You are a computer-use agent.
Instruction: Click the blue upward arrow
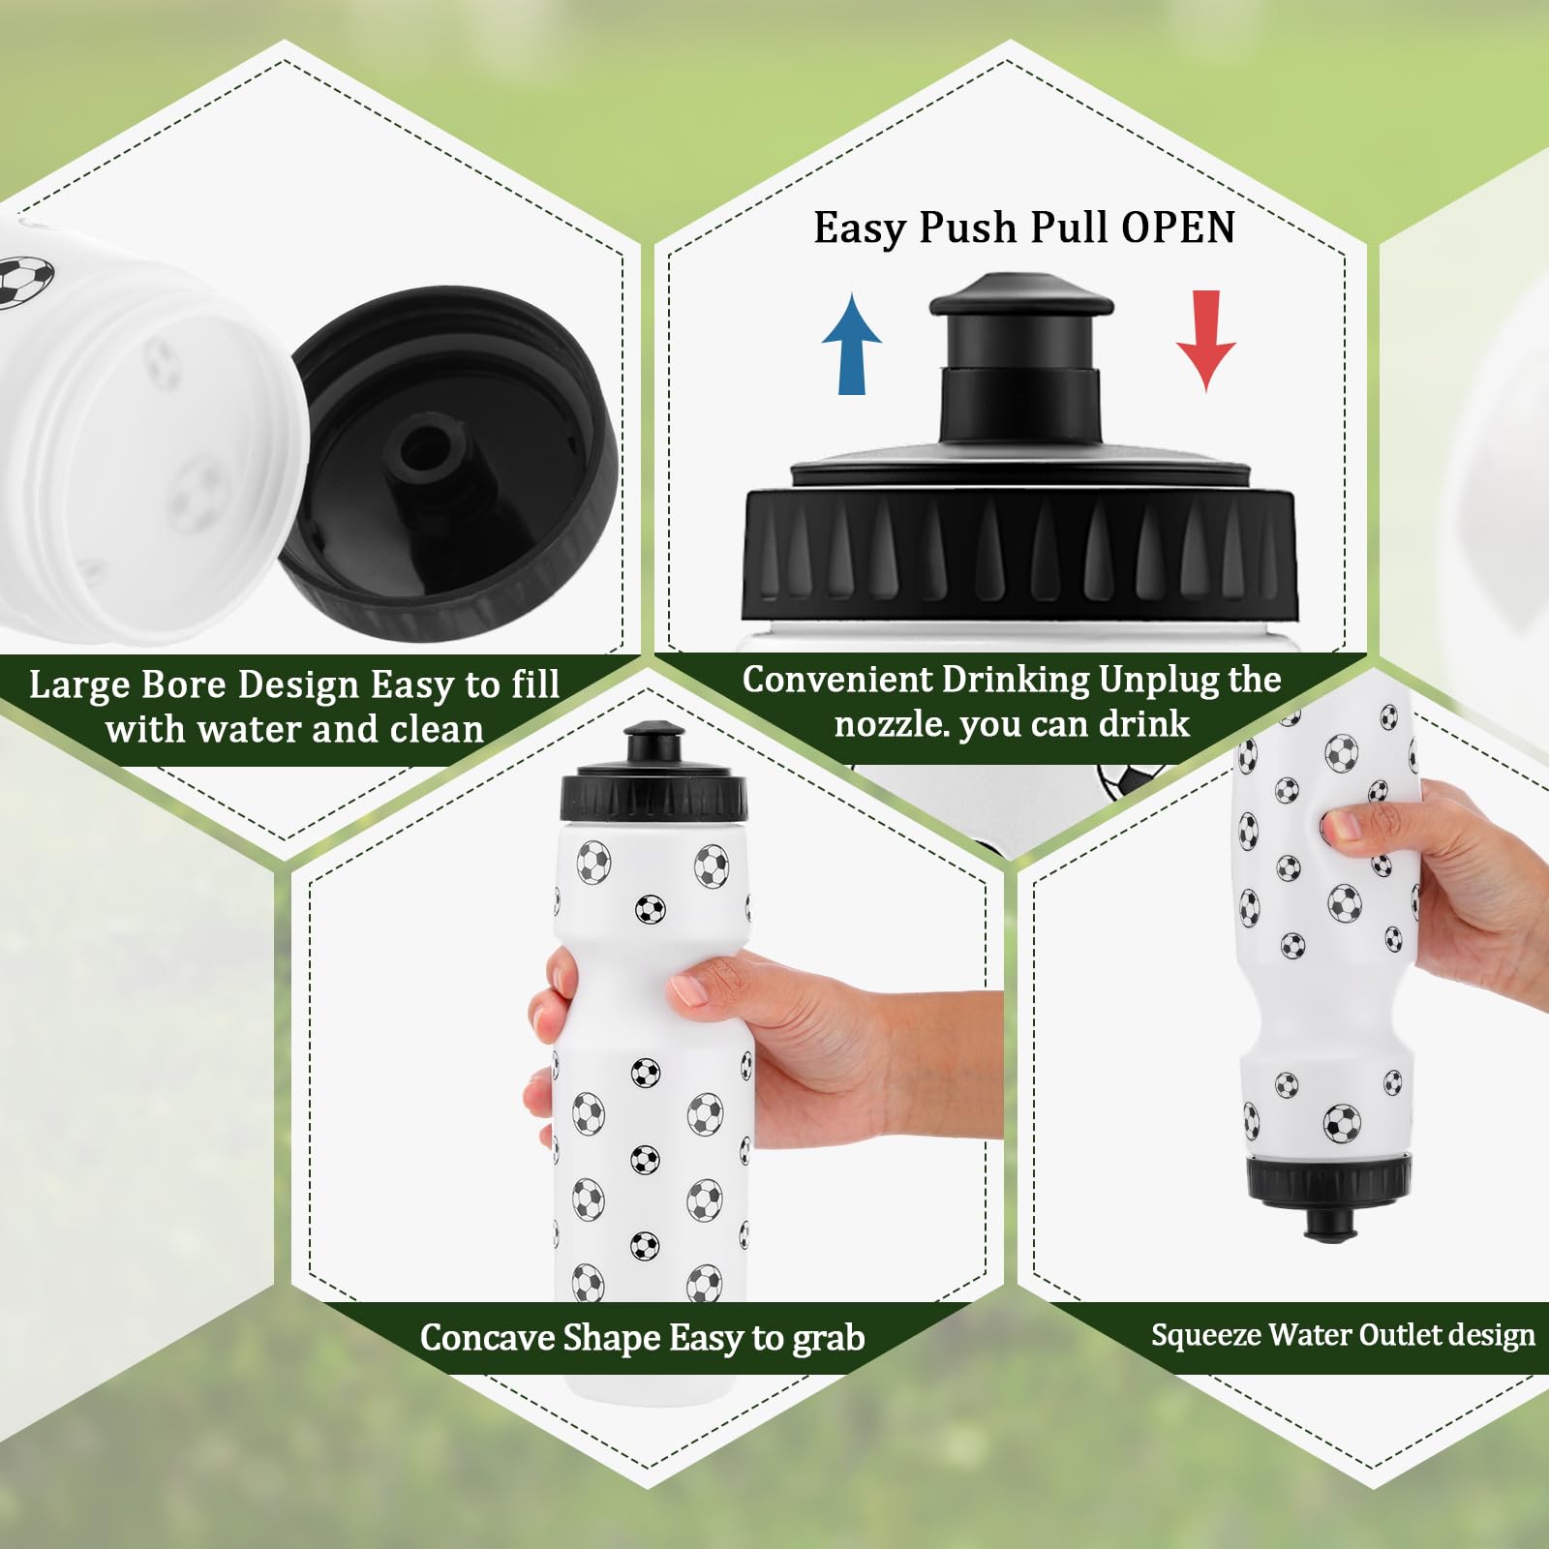(x=852, y=344)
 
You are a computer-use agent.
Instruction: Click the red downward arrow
(x=1205, y=341)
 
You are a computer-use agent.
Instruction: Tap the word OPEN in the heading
(x=1178, y=228)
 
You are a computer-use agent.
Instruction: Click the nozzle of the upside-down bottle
(x=1323, y=1223)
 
